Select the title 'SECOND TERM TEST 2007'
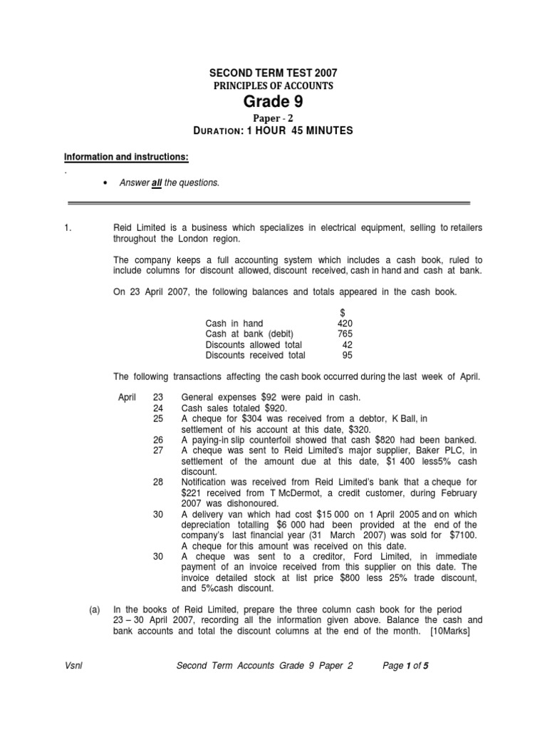[x=273, y=73]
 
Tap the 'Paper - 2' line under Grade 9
[x=273, y=118]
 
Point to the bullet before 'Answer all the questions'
[x=106, y=183]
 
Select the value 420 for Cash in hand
[x=344, y=323]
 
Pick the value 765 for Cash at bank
[x=344, y=334]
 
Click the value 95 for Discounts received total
[x=346, y=355]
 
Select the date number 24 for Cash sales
[x=158, y=408]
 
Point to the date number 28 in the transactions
[x=158, y=483]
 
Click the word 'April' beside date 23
[x=127, y=397]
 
